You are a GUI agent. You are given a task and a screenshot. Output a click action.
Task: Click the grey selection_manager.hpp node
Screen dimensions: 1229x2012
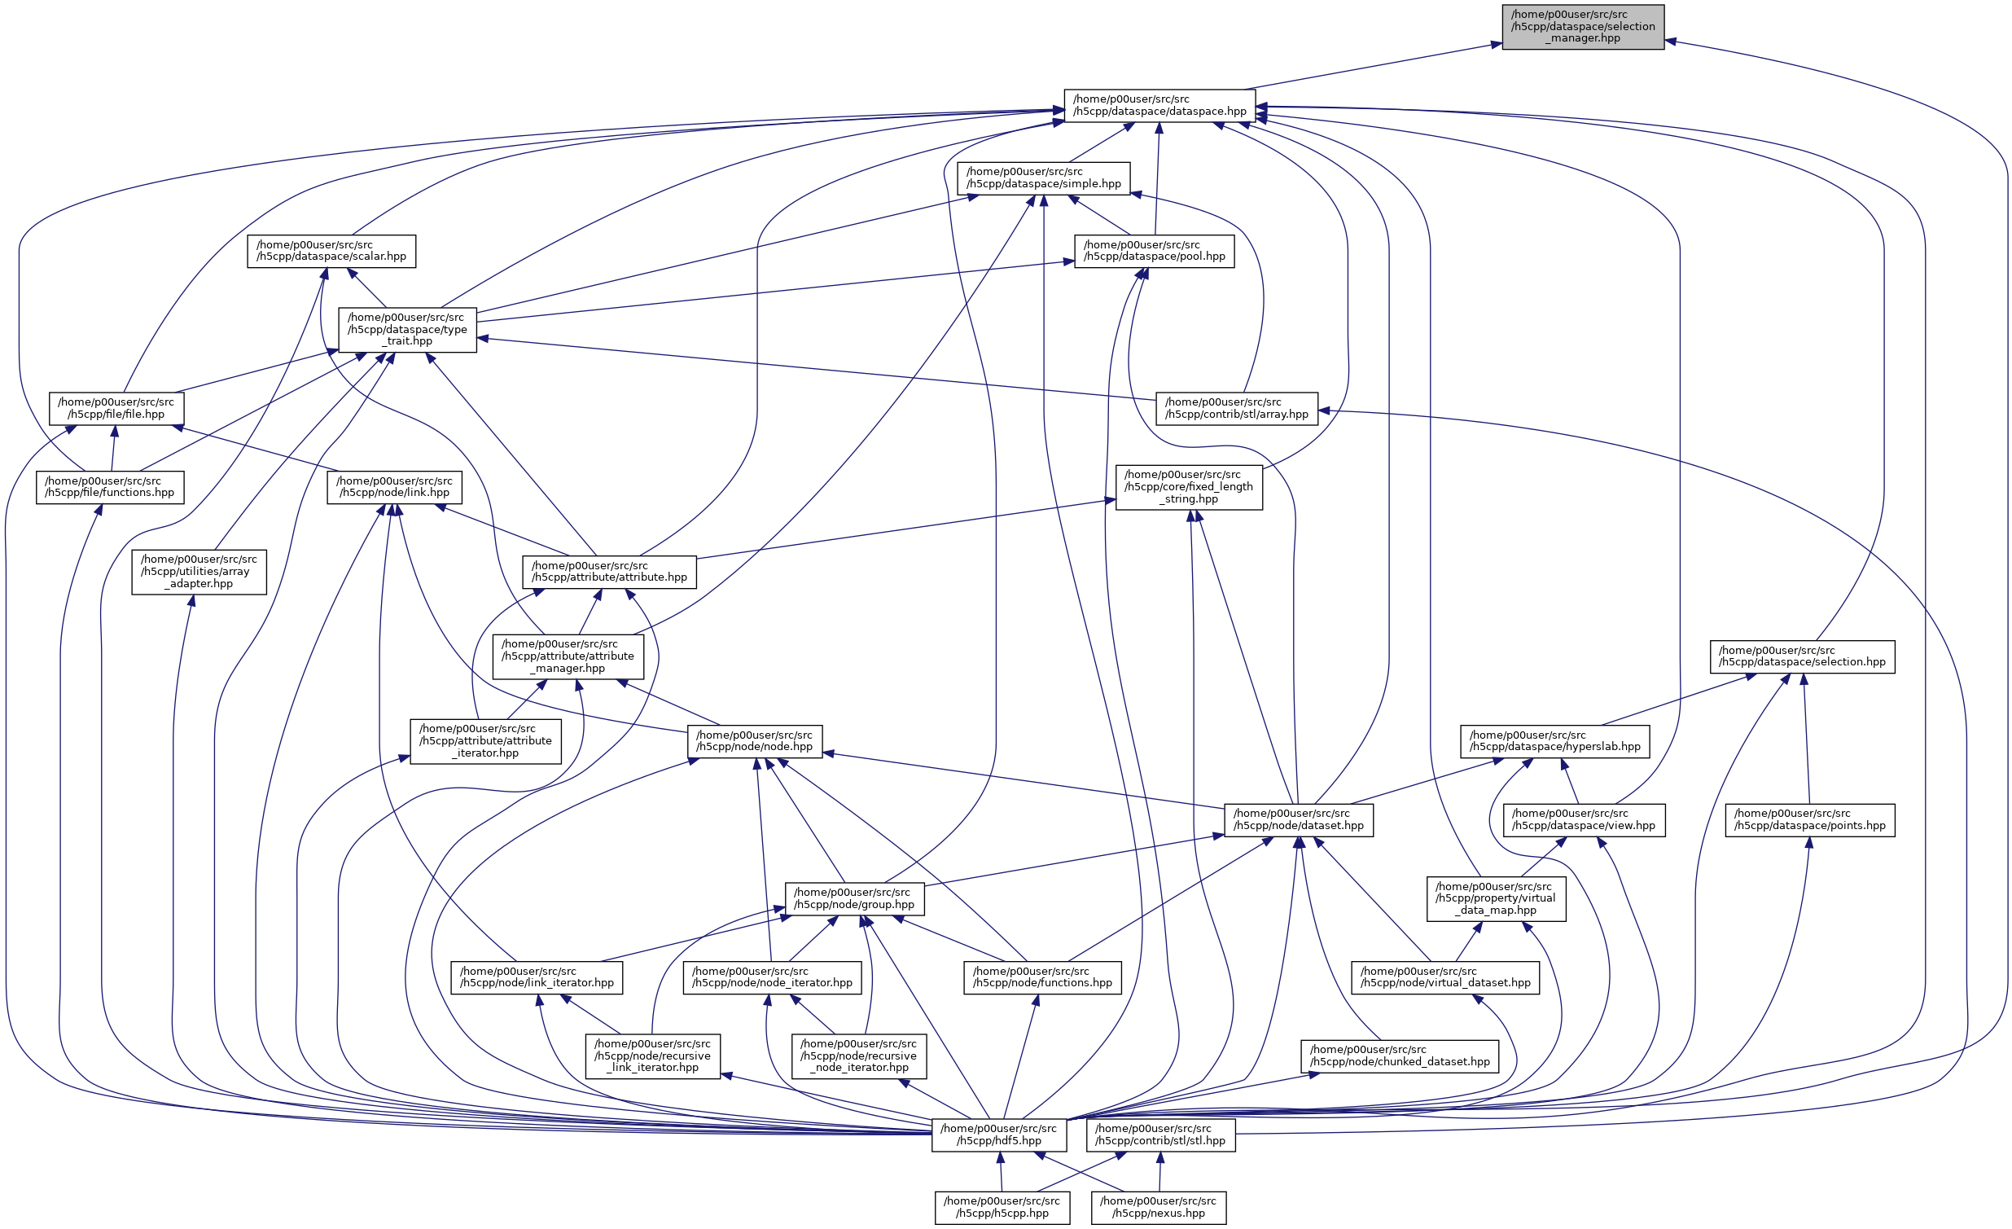1583,27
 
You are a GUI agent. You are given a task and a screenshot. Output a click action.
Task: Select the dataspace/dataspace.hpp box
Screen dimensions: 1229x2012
1159,105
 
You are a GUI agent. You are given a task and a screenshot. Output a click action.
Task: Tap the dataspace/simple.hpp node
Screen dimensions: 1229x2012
1044,178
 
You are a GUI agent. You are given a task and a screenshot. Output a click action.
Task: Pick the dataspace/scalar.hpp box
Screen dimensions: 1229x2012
331,251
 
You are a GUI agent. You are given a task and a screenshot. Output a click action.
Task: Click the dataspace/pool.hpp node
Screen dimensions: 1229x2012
1154,251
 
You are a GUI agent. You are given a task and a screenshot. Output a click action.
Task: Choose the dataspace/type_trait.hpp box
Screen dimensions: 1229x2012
407,329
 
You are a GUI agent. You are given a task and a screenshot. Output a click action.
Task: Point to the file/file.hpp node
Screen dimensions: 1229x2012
116,408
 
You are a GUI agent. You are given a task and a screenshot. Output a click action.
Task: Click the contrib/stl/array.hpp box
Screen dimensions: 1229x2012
1236,408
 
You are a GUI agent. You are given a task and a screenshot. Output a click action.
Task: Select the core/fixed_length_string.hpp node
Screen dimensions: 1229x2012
1189,487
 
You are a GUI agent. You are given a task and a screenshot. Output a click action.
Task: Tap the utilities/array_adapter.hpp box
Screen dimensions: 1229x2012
199,572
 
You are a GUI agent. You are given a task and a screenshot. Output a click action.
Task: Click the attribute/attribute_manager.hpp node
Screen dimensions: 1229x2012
568,656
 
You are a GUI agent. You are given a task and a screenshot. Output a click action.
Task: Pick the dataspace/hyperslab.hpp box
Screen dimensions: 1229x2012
1554,740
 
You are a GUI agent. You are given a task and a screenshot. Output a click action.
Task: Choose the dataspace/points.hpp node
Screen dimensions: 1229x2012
1809,820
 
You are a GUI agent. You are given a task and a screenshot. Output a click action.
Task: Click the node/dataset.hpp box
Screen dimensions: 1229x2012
1299,820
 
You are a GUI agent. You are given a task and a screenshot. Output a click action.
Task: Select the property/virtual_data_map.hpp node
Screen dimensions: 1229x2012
1496,898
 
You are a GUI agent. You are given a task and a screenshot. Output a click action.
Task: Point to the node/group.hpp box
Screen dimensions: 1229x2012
854,898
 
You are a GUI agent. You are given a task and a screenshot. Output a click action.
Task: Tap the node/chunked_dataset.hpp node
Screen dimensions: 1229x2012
1400,1056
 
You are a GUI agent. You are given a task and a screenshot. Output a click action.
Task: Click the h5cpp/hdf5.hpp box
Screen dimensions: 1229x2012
998,1135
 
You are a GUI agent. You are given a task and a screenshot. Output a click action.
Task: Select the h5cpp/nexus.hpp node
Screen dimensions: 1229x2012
1158,1207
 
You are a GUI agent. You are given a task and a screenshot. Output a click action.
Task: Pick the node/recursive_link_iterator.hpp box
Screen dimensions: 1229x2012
652,1056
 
